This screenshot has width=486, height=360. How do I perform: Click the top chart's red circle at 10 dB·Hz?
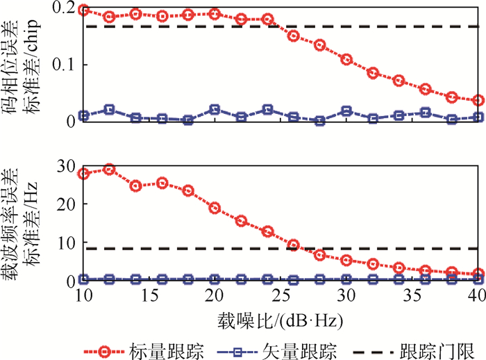(x=84, y=10)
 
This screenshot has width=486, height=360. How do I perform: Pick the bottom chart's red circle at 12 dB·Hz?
(x=110, y=169)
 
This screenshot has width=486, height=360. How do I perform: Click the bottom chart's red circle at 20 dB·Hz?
(x=215, y=208)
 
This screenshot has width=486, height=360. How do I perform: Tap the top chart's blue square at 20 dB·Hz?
(x=215, y=110)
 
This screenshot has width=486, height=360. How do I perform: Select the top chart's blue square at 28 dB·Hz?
(x=320, y=121)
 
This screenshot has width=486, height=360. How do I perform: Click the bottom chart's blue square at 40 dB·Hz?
(x=478, y=279)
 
